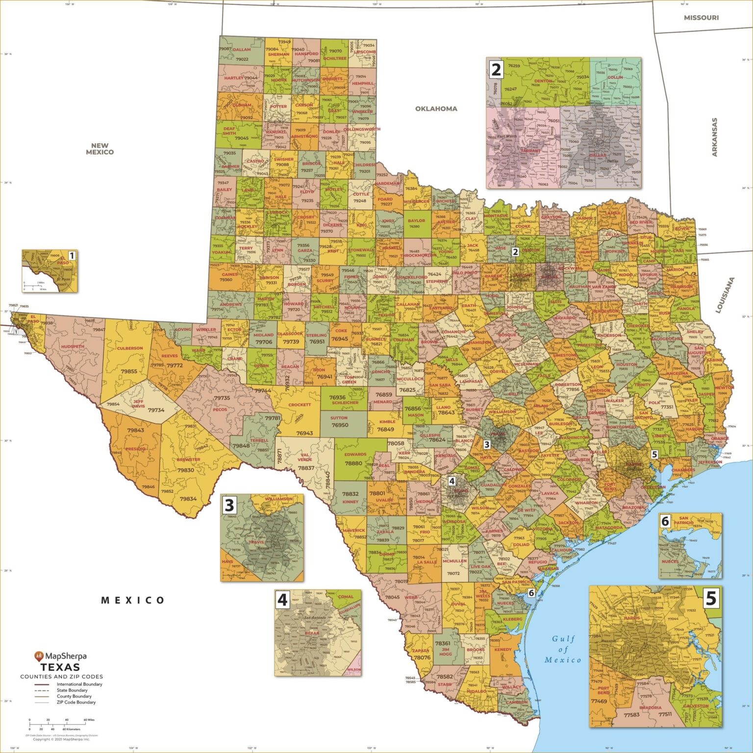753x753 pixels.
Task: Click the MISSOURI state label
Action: click(x=701, y=18)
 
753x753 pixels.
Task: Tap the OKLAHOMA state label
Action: click(x=436, y=109)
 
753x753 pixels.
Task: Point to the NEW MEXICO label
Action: click(x=100, y=149)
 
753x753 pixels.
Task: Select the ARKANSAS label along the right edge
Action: click(x=714, y=137)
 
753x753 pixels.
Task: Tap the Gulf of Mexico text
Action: click(x=563, y=649)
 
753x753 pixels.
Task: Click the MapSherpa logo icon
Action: click(x=39, y=656)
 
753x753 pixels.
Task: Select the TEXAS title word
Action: click(x=60, y=667)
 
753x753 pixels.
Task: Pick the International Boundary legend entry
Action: click(x=79, y=684)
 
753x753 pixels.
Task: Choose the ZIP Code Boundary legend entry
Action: click(x=76, y=702)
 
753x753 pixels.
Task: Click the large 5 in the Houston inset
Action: click(x=710, y=598)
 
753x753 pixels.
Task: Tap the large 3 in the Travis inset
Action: click(x=229, y=505)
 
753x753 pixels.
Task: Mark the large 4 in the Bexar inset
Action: click(x=282, y=600)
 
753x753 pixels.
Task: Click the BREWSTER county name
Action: click(x=188, y=459)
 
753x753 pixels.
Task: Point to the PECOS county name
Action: click(x=220, y=409)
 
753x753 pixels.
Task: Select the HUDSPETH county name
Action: click(x=73, y=347)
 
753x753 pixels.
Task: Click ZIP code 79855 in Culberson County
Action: click(x=129, y=371)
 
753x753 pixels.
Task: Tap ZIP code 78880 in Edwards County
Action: click(x=353, y=463)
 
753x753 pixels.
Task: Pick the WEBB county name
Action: click(x=411, y=598)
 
